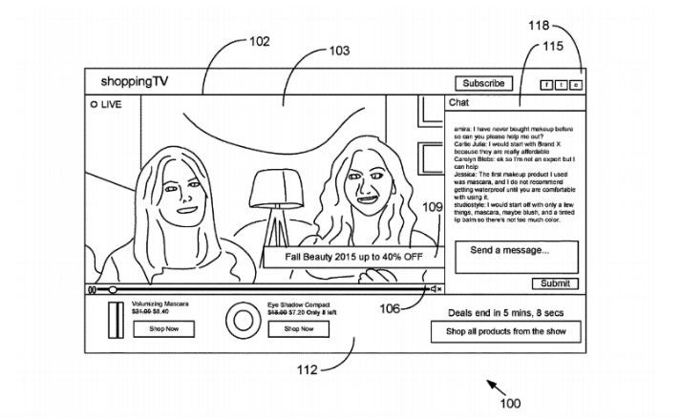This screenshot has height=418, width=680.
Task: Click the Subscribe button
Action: [x=483, y=83]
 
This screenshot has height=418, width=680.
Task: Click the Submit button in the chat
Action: [x=554, y=283]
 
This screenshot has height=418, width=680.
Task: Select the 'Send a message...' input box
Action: [x=516, y=256]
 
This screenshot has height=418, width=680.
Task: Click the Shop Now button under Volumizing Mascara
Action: [x=163, y=328]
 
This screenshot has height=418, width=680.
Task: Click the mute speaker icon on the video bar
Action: [x=436, y=288]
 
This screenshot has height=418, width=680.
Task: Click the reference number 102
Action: [x=259, y=41]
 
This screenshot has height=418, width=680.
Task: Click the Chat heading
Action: [x=458, y=102]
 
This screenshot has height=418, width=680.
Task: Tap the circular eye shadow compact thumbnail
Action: [x=238, y=318]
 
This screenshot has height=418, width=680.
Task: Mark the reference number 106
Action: [x=389, y=307]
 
